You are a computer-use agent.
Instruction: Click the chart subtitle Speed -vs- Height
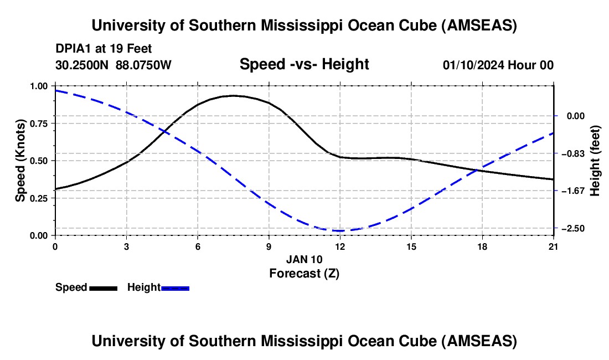click(304, 64)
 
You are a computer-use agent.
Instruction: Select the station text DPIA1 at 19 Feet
click(104, 49)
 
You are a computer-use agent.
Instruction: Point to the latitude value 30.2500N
click(82, 65)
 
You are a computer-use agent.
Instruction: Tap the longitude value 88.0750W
click(143, 65)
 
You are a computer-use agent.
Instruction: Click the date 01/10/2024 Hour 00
click(498, 65)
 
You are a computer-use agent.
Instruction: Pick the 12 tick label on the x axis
click(340, 246)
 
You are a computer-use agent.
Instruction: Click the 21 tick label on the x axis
click(553, 246)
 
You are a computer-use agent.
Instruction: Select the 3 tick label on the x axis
click(127, 246)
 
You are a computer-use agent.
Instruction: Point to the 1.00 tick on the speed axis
click(38, 86)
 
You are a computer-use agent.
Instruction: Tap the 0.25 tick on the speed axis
click(38, 198)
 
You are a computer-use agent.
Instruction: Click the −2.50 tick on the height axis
click(573, 228)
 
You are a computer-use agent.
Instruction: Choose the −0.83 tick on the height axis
click(573, 153)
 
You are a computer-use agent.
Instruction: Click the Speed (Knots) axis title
click(20, 161)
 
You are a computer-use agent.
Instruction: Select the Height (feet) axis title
click(595, 161)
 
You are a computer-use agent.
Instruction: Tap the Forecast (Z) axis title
click(304, 274)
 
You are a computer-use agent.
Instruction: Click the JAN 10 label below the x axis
click(304, 259)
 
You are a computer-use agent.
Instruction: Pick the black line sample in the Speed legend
click(104, 288)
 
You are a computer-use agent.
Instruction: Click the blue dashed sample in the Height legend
click(175, 288)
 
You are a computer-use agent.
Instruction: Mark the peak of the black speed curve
click(233, 95)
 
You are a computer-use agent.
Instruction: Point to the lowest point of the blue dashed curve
click(339, 231)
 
